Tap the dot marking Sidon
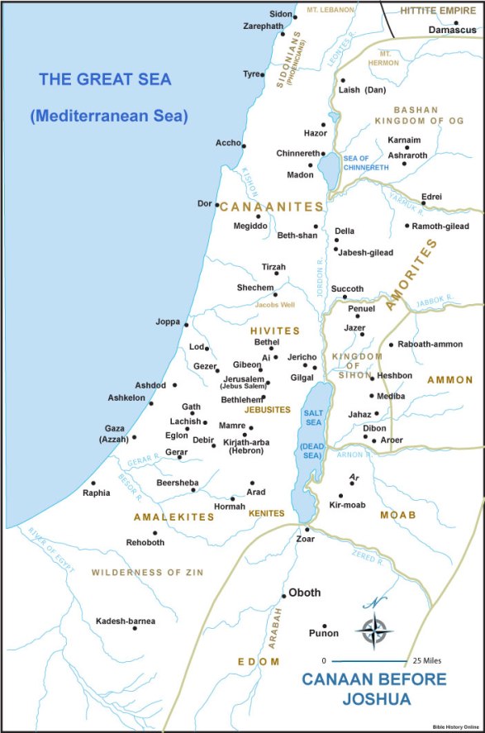pos(295,17)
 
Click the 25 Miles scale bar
pos(369,661)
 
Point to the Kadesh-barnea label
pos(126,621)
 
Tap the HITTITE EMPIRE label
pos(438,10)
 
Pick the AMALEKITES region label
pos(174,517)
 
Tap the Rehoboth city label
pos(145,542)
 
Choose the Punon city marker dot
pos(325,626)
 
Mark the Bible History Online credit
pos(456,726)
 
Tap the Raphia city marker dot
pos(93,483)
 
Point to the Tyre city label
pos(251,74)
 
